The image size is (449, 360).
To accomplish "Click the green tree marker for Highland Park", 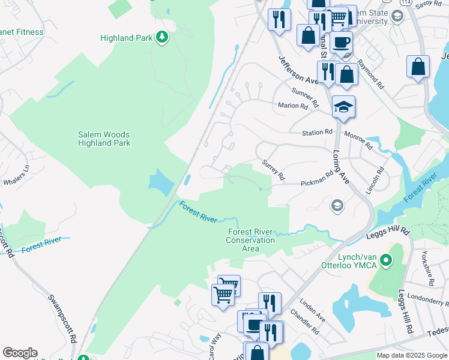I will click(x=161, y=38).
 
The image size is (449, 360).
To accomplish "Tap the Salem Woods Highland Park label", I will click(x=104, y=139).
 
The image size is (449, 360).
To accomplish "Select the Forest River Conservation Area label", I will click(x=250, y=240).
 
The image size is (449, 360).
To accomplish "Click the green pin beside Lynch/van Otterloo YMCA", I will click(x=387, y=260).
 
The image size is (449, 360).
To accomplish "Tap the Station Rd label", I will click(x=316, y=132).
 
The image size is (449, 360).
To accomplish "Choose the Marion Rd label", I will click(x=292, y=106).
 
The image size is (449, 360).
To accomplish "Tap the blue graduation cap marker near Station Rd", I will click(x=343, y=107).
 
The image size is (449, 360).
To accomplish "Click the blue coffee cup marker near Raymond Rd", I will click(x=341, y=43).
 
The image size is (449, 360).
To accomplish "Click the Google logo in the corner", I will click(x=20, y=353).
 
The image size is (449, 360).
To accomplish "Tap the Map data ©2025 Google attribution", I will click(x=411, y=355).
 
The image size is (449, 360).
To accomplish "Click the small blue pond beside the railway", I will click(x=159, y=181).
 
